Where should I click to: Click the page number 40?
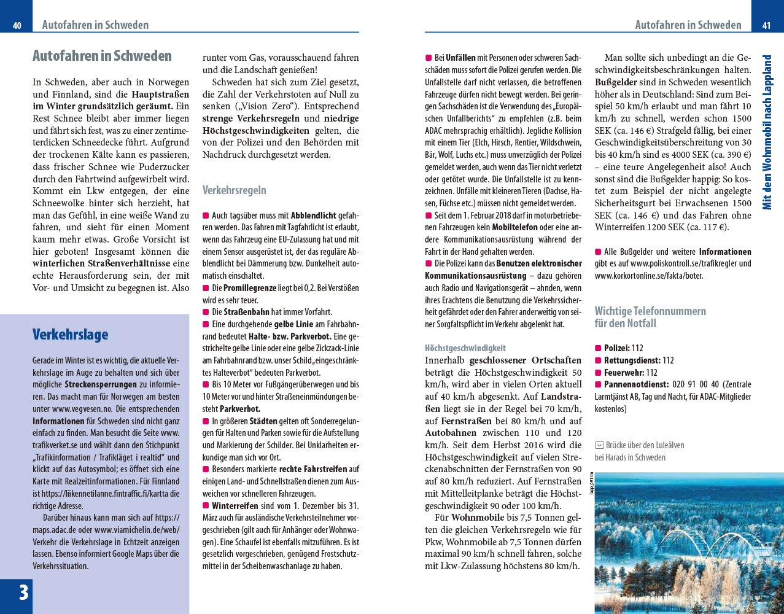[17, 25]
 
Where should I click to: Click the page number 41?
[766, 25]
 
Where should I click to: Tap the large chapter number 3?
[23, 593]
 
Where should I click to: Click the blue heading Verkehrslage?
[70, 335]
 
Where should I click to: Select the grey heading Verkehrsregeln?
[234, 190]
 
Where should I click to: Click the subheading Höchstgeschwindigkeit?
[465, 348]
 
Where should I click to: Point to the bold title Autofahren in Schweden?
[102, 56]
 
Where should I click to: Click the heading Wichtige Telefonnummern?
[650, 311]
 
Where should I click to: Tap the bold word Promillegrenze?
[250, 288]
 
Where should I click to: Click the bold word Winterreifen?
[235, 506]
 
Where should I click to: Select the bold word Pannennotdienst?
[635, 384]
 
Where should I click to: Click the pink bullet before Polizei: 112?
[598, 348]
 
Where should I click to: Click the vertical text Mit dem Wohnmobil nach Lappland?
[767, 132]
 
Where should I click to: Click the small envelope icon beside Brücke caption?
[599, 445]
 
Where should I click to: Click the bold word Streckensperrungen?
[101, 385]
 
